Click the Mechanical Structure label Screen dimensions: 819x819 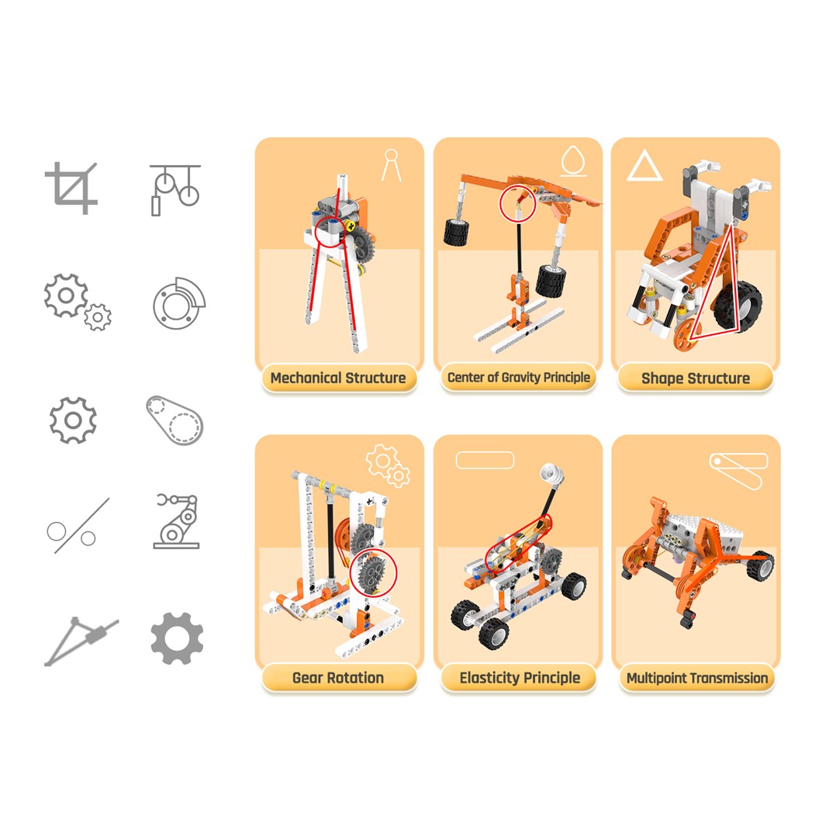coord(338,378)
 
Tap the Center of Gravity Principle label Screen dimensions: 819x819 coord(518,378)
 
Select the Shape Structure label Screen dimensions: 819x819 coord(695,378)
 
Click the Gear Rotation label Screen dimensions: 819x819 coord(338,678)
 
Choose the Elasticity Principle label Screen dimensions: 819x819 coord(519,678)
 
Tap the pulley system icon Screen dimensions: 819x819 coord(175,188)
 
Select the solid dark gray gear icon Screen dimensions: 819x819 coord(177,638)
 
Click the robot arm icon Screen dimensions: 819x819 coord(177,521)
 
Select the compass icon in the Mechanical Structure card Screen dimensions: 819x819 coord(392,165)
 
